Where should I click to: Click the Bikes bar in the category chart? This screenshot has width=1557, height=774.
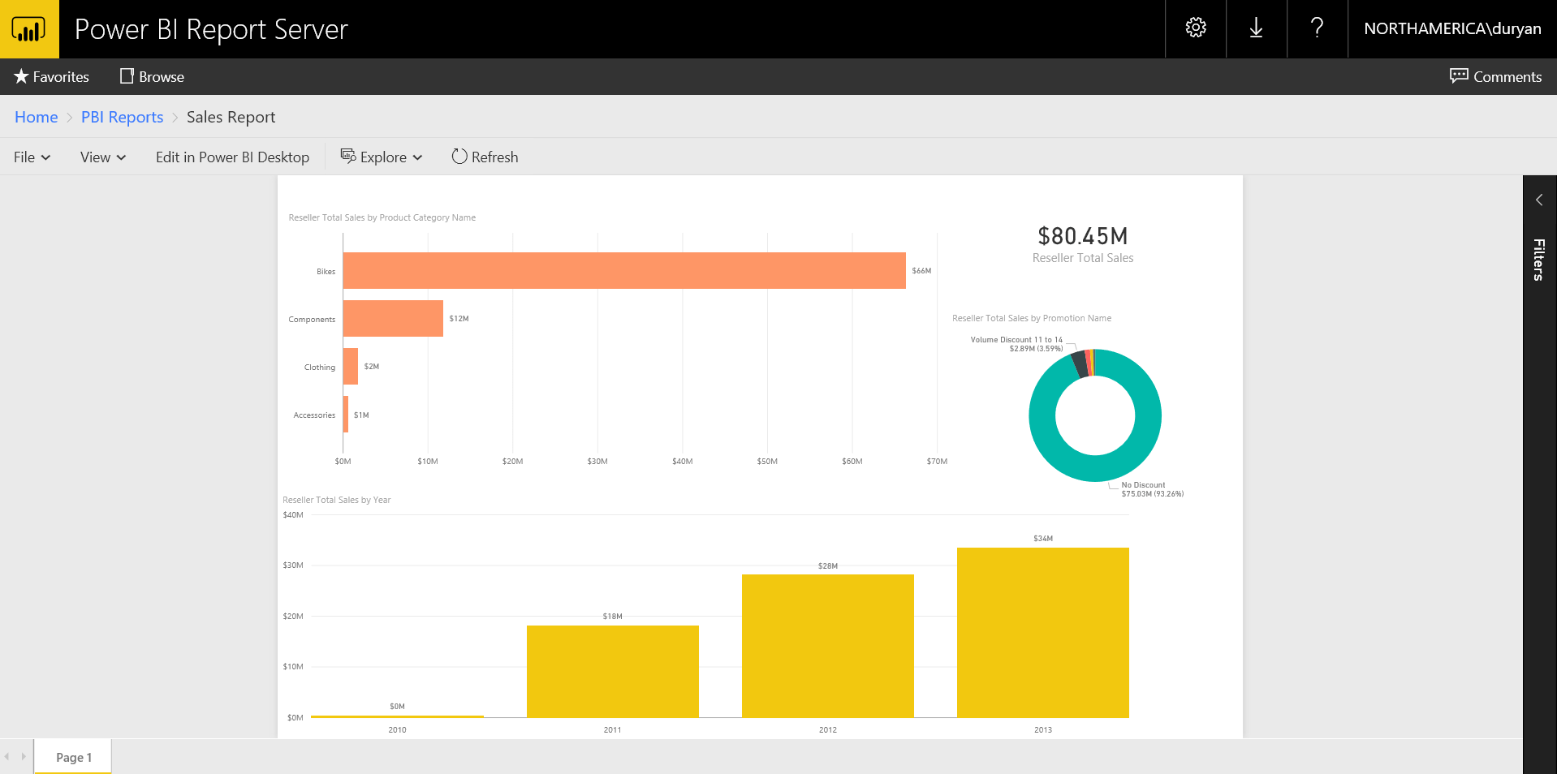pos(623,270)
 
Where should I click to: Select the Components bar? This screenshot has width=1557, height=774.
pos(393,318)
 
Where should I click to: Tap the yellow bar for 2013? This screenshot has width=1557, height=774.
pos(1042,632)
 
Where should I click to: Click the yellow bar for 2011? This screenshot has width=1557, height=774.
pos(612,671)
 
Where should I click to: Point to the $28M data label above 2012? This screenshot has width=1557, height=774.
pos(827,566)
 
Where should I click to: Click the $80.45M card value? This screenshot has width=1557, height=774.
pos(1082,236)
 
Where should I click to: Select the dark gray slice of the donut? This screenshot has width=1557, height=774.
pos(1079,363)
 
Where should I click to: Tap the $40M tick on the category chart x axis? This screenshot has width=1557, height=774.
pos(682,462)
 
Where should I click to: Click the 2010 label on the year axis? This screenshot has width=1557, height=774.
pos(397,730)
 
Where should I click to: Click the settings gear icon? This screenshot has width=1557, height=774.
pos(1195,28)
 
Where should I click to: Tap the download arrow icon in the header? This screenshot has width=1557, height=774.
pos(1256,28)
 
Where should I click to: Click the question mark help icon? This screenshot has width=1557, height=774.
pos(1317,28)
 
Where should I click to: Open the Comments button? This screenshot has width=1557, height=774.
pos(1495,76)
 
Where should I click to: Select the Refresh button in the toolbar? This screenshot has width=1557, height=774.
pos(485,157)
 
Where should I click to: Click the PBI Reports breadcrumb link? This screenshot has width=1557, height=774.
pos(122,117)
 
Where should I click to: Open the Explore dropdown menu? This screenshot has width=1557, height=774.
pos(382,157)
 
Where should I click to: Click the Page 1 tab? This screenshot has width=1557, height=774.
pos(73,757)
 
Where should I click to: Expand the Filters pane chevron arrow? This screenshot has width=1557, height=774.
pos(1538,200)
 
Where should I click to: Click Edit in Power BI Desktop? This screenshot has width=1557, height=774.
pos(232,157)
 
